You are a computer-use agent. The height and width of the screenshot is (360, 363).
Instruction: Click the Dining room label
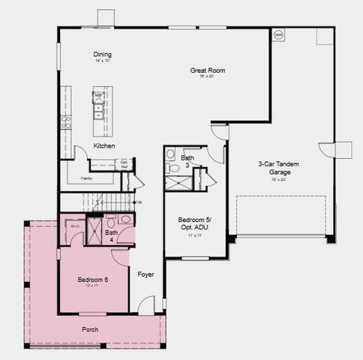tap(102, 54)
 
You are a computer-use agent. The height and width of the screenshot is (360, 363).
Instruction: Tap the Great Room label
tap(207, 70)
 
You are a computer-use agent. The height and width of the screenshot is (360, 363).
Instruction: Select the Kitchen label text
tap(104, 145)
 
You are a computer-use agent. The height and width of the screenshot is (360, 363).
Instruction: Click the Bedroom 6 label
tap(93, 280)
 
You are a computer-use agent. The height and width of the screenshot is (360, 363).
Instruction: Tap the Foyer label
tap(145, 274)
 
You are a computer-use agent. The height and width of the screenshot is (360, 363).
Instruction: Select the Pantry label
tap(87, 178)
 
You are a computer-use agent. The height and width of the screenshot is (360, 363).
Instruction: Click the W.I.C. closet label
tap(75, 226)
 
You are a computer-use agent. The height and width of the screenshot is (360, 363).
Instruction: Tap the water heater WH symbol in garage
tap(278, 34)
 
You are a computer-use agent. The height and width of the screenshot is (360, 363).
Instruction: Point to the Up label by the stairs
tap(139, 202)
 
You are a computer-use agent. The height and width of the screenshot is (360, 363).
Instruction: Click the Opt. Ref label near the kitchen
tap(124, 163)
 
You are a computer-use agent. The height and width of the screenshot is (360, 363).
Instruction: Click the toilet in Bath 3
tap(170, 155)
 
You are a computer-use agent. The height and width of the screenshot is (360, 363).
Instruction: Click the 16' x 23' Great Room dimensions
tap(207, 77)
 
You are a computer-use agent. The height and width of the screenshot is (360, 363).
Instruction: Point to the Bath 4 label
tap(111, 236)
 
